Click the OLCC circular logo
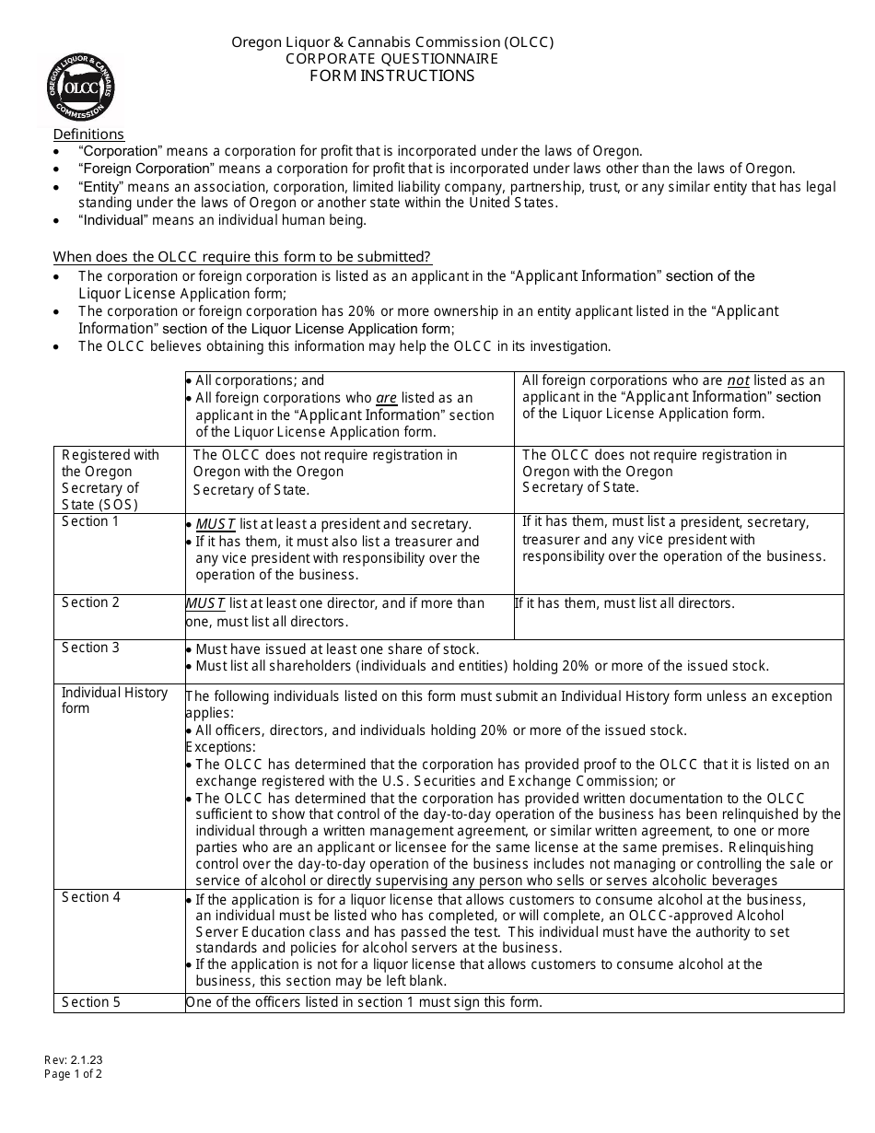81,88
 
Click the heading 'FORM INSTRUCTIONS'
391,76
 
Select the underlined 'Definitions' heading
88,134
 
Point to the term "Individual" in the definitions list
112,220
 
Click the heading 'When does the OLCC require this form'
242,257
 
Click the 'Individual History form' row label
114,700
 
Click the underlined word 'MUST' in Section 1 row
216,524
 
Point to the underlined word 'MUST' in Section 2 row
205,603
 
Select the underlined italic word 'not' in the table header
738,380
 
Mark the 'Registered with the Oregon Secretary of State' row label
111,479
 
